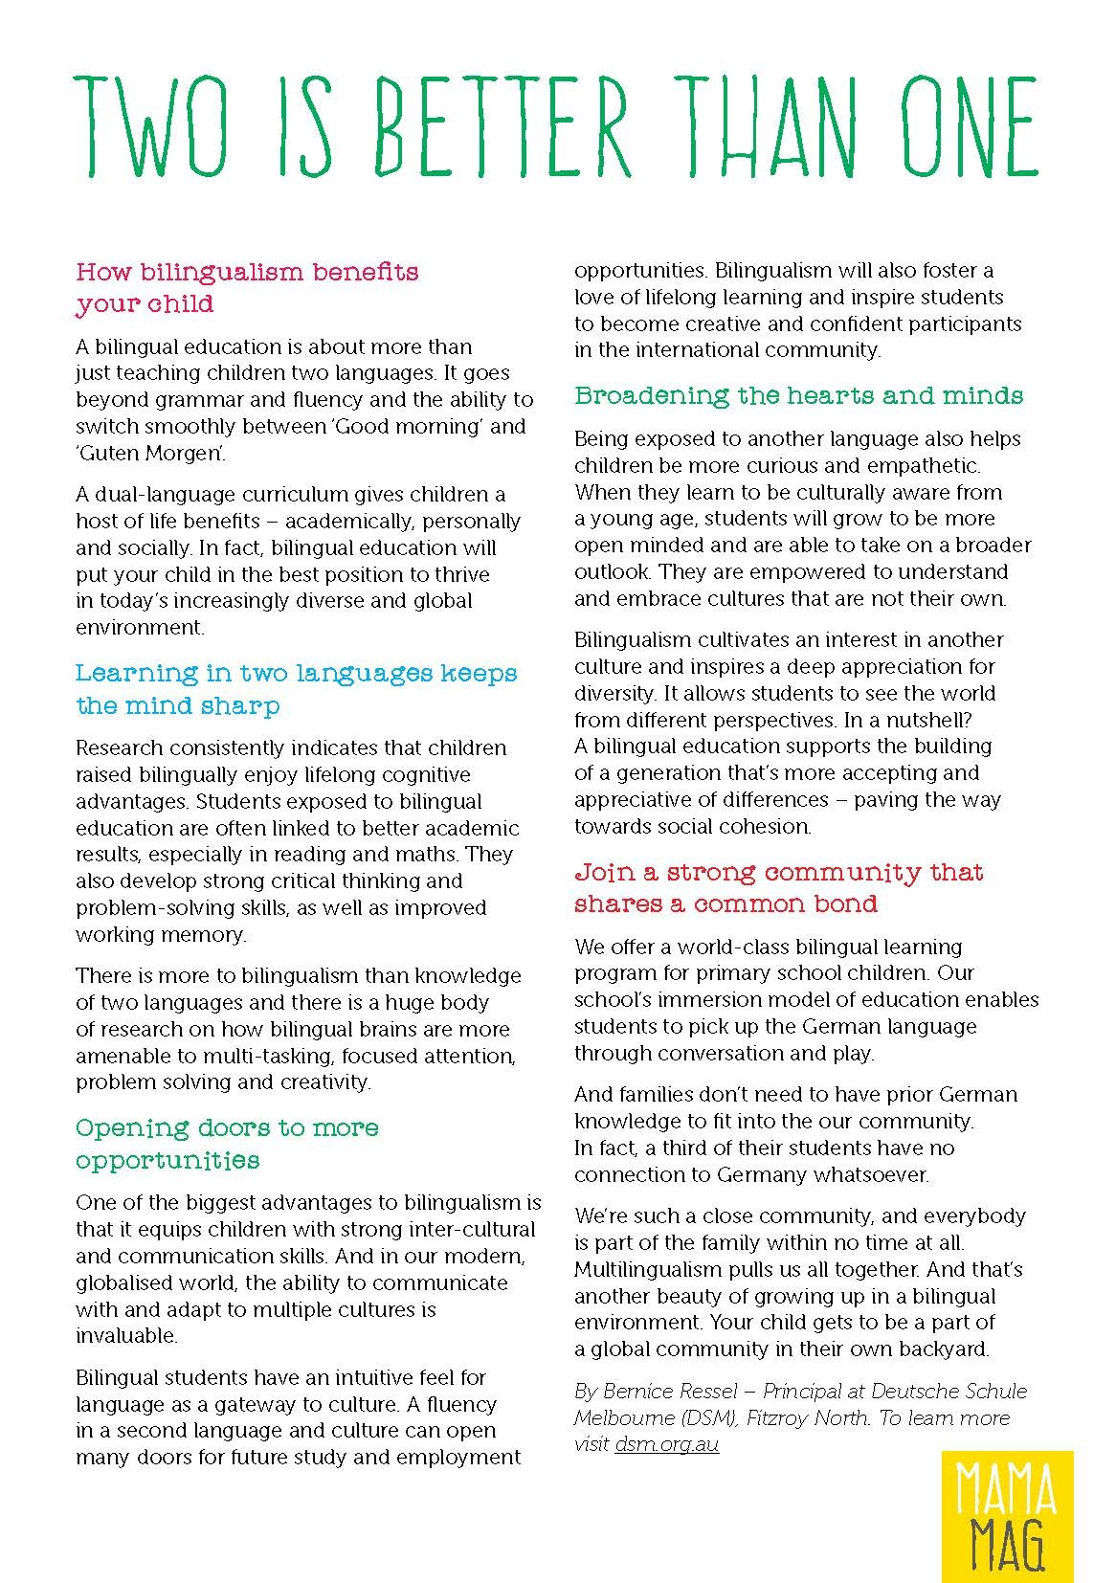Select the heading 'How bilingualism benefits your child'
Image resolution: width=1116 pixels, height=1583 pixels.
(247, 287)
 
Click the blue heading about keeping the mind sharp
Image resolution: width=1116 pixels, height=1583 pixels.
(296, 689)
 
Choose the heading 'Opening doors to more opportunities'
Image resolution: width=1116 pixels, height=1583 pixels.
(227, 1144)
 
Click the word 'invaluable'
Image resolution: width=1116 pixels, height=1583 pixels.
(126, 1335)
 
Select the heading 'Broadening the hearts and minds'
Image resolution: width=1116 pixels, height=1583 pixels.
(798, 395)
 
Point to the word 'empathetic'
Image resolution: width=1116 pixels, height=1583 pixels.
(926, 466)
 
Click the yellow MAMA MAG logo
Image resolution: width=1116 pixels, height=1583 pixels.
(1019, 1515)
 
